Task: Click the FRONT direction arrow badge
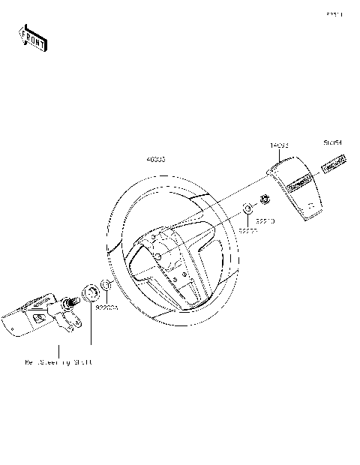coord(32,37)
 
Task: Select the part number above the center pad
coord(280,143)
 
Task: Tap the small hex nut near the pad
coord(264,200)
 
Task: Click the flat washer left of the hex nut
coord(247,208)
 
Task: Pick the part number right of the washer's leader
coord(266,222)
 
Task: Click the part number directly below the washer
coord(248,232)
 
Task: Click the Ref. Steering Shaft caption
coord(58,363)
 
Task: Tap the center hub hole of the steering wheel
coord(158,255)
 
